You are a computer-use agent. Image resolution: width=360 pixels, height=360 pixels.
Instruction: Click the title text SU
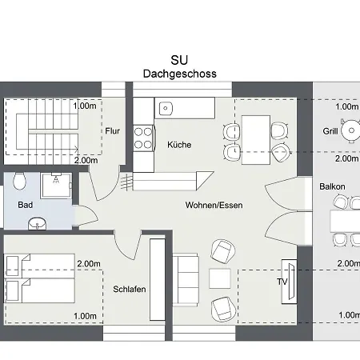pos(180,60)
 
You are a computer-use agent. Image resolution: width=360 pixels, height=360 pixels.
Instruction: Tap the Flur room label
pos(112,131)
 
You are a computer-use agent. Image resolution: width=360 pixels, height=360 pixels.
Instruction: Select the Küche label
pos(179,146)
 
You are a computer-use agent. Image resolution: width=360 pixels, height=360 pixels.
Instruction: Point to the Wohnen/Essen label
pos(214,206)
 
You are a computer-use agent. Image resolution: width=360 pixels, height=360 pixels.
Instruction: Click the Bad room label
pos(25,205)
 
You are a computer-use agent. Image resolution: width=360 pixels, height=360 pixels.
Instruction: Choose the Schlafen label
pos(129,289)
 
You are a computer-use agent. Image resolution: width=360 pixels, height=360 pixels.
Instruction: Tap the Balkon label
pos(332,186)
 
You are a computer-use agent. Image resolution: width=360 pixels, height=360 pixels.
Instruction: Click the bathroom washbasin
pos(36,225)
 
